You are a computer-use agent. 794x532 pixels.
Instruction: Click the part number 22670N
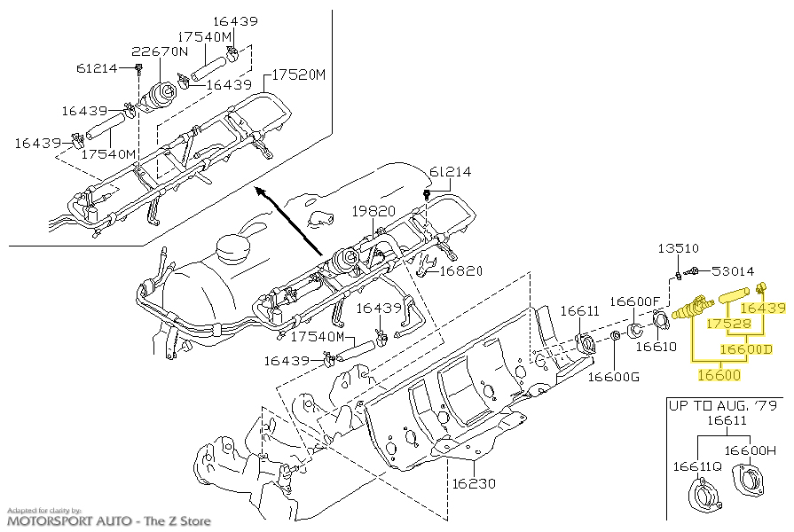click(x=160, y=51)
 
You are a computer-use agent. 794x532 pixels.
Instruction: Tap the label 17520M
click(x=299, y=74)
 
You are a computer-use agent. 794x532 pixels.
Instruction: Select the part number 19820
click(x=373, y=210)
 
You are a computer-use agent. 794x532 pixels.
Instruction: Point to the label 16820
click(x=461, y=271)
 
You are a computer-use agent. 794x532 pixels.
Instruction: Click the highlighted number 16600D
click(x=746, y=349)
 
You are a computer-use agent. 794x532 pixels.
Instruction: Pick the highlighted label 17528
click(x=729, y=323)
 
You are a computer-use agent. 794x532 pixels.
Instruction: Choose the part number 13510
click(x=679, y=248)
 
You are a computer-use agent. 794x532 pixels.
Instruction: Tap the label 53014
click(x=733, y=271)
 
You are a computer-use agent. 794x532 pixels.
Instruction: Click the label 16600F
click(x=635, y=301)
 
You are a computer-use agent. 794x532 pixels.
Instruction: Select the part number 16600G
click(x=614, y=377)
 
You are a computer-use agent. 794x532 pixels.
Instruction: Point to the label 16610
click(x=656, y=346)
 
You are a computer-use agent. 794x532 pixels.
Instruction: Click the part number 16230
click(x=474, y=483)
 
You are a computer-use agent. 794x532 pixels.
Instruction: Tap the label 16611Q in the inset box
click(x=697, y=466)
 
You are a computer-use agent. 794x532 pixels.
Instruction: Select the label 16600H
click(x=751, y=450)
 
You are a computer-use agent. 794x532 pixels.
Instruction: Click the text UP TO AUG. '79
click(x=723, y=405)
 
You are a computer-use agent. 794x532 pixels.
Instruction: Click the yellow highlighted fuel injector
click(x=693, y=309)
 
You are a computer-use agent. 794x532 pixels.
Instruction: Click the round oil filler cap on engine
click(x=233, y=248)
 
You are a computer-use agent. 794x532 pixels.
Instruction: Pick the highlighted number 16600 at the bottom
click(x=719, y=375)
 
